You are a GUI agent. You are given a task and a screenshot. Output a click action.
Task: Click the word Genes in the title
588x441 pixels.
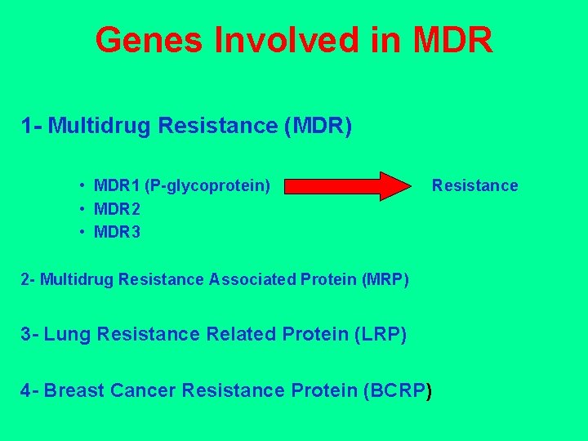point(149,40)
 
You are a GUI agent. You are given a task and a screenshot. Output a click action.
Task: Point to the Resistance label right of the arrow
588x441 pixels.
point(474,185)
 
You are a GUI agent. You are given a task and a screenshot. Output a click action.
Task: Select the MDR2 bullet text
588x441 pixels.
point(117,209)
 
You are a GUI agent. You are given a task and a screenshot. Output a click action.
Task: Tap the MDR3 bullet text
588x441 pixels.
point(117,233)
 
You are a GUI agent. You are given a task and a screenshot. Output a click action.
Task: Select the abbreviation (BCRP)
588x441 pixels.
point(399,390)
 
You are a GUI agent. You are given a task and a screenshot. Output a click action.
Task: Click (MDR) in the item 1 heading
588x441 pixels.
point(315,127)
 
